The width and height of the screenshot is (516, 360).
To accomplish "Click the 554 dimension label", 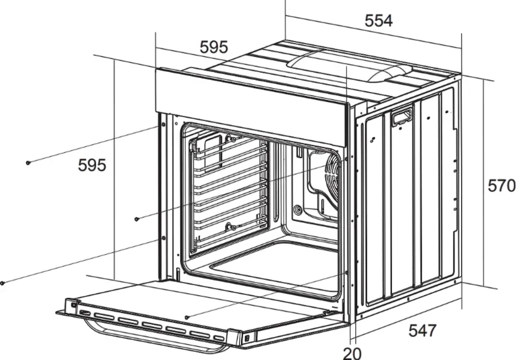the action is point(378,21).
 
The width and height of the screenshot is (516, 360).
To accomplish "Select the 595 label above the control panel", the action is point(214,47).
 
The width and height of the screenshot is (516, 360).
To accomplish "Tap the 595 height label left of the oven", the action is point(92,165).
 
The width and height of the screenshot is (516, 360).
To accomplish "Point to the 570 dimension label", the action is point(502,186).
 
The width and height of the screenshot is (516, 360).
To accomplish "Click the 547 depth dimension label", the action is point(423,331).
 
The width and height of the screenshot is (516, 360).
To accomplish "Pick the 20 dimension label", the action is point(352,353).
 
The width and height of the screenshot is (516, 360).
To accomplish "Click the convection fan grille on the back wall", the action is point(332,178).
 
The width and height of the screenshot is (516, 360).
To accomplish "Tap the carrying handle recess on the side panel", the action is point(402,117).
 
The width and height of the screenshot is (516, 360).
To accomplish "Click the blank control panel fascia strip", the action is point(251,106).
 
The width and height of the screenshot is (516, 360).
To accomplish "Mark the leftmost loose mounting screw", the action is point(3,283).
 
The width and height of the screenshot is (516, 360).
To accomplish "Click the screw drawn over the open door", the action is point(187,318).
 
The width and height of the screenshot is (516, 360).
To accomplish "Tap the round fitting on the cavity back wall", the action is point(298,209).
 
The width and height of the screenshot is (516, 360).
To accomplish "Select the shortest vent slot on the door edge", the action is point(219,338).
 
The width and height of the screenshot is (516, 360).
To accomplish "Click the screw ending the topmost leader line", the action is point(28,162).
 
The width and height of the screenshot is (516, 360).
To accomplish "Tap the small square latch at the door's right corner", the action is point(246,338).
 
